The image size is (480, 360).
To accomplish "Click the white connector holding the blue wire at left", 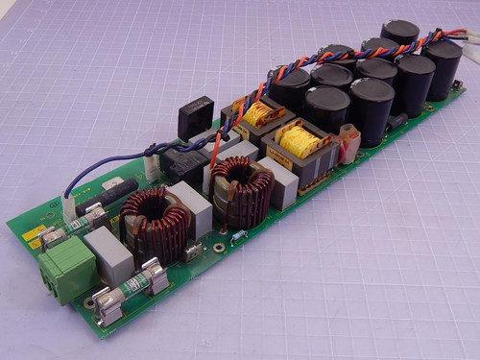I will pos(70,205).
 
